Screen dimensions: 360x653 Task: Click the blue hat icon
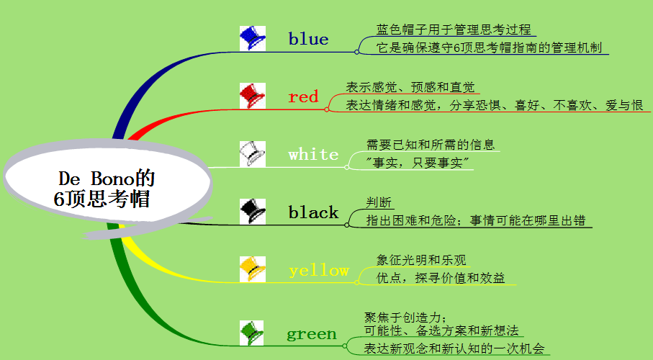pos(252,38)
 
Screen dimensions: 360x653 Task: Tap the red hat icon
pos(252,96)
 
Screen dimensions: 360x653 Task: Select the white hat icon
pos(252,153)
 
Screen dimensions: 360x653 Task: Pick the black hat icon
pos(252,211)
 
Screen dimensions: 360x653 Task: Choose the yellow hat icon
pos(252,269)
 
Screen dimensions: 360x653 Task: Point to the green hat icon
pos(252,333)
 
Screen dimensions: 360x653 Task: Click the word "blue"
pos(308,39)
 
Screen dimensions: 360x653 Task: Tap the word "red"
pos(303,96)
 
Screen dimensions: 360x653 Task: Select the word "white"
pos(313,155)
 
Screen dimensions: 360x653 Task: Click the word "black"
pos(313,212)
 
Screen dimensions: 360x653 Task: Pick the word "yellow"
pos(318,271)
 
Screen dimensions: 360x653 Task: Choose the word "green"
pos(311,334)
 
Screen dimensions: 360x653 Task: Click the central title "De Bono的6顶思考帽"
pos(106,189)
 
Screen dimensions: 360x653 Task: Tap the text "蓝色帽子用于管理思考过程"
pos(454,30)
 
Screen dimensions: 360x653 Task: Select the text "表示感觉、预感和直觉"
pos(410,87)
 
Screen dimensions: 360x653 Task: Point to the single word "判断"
pos(379,202)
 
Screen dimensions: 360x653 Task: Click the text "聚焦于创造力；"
pos(407,318)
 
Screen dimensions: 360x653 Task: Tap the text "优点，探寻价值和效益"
pos(441,278)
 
